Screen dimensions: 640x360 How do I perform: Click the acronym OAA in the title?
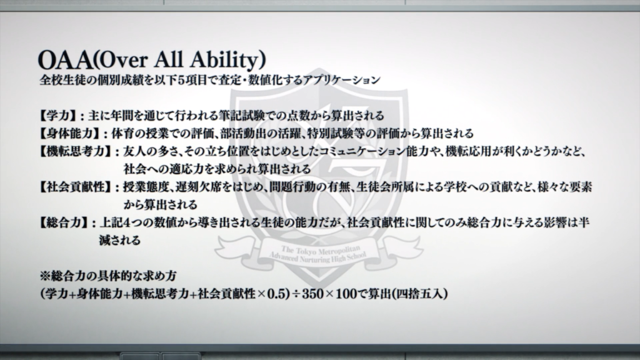click(65, 60)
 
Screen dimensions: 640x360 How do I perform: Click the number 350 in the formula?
click(313, 294)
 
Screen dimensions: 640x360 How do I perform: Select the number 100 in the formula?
click(346, 294)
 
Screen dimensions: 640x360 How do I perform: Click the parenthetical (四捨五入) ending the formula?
click(419, 294)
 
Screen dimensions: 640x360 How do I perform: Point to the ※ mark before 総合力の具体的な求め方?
click(45, 276)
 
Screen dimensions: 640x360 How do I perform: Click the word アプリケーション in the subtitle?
click(342, 79)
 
